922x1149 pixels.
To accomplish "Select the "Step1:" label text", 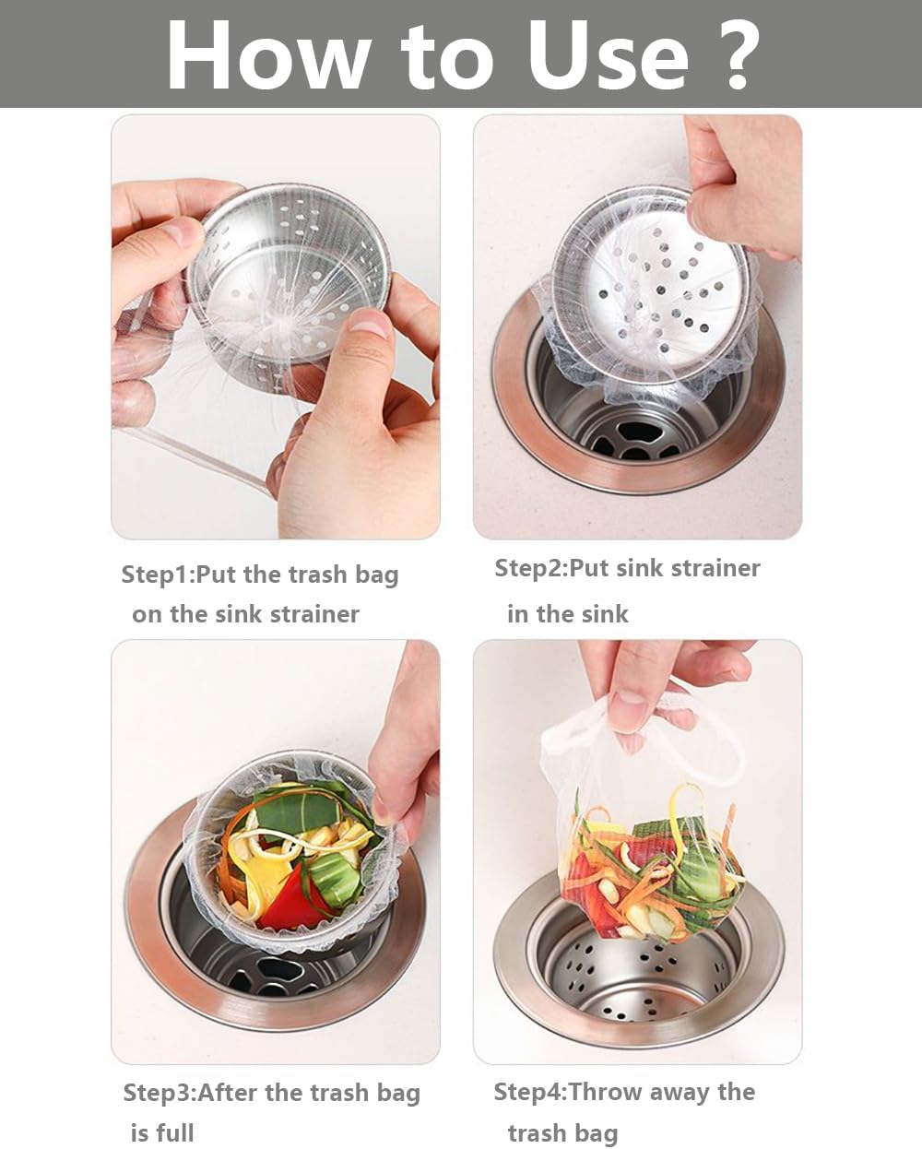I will point(158,574).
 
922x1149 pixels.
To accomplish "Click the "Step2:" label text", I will point(531,568).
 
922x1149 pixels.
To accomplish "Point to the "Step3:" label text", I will point(160,1093).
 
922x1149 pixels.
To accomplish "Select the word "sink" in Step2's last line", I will point(603,614).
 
